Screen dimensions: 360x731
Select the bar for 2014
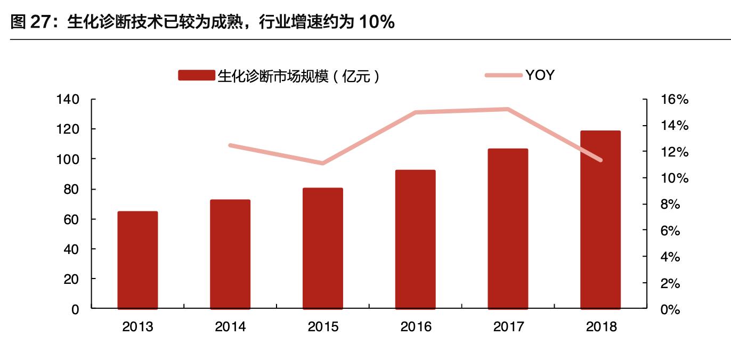tap(230, 254)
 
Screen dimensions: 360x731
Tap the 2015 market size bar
tap(323, 248)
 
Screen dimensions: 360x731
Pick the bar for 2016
tap(416, 239)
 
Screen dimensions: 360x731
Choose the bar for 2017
tap(508, 228)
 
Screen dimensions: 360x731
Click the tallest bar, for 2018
tap(600, 219)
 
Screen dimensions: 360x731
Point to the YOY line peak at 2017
tap(507, 109)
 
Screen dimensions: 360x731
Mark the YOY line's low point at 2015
tap(323, 163)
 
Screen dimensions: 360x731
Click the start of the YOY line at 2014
tap(230, 145)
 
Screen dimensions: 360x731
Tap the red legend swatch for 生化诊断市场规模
tap(197, 76)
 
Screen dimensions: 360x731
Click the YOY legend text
tap(540, 75)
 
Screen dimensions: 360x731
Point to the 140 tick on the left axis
tap(68, 100)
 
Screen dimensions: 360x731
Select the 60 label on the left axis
tap(72, 219)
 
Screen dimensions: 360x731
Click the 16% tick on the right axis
tap(675, 100)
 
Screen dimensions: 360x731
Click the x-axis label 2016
tap(416, 326)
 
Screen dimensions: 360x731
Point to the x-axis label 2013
tap(137, 326)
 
